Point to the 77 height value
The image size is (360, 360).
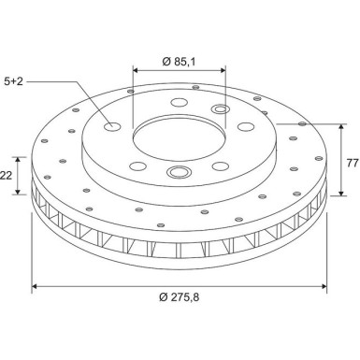(351, 164)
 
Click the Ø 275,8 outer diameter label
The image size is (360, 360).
(180, 297)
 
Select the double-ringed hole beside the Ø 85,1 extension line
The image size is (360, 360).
(221, 112)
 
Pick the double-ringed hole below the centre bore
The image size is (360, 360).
(178, 172)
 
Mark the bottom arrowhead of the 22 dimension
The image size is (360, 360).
(18, 194)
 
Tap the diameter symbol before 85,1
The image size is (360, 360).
(165, 62)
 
